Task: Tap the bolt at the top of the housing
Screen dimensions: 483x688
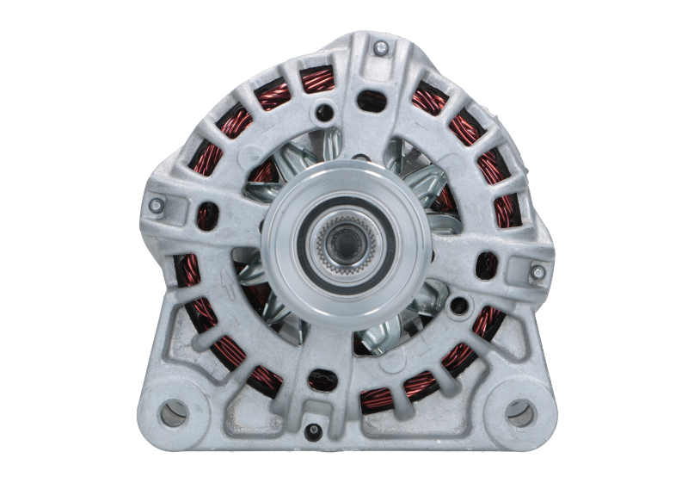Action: click(x=380, y=49)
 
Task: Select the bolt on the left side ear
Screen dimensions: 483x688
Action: click(x=156, y=206)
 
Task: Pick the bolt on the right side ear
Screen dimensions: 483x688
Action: click(x=537, y=272)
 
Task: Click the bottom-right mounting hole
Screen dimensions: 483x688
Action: click(x=519, y=413)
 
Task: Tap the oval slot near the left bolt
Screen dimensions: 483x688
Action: click(x=204, y=214)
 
